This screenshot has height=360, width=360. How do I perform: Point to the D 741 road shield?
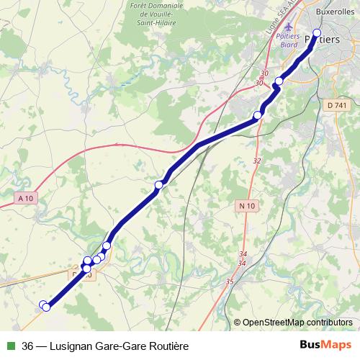[x=336, y=106]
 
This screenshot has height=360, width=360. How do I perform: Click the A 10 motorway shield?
[x=26, y=198]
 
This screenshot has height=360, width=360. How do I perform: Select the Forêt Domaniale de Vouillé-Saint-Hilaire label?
[x=158, y=14]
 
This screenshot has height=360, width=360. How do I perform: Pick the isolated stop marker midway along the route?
[x=158, y=186]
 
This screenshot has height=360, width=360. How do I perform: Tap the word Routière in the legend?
[x=167, y=346]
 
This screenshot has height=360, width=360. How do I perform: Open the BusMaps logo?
[x=325, y=346]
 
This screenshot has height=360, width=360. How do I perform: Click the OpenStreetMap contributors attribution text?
[x=297, y=322]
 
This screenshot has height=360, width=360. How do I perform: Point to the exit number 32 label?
[x=257, y=161]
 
